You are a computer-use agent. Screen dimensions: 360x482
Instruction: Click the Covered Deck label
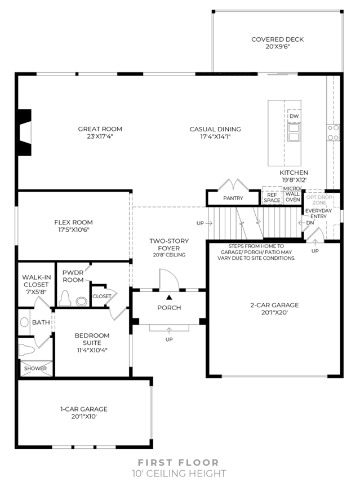[277, 39]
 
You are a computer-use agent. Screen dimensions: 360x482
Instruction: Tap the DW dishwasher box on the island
[294, 116]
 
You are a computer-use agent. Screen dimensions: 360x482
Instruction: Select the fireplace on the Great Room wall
[25, 132]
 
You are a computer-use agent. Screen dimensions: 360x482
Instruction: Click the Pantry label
[233, 198]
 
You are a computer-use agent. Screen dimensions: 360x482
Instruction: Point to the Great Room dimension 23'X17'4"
[100, 136]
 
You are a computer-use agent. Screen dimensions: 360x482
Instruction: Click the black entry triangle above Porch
[169, 297]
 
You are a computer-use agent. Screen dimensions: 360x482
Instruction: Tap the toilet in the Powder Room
[65, 298]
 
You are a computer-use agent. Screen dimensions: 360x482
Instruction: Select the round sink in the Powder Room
[81, 301]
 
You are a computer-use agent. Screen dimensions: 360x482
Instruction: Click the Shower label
[35, 368]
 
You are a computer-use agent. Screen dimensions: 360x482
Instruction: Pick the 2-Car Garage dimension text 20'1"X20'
[274, 313]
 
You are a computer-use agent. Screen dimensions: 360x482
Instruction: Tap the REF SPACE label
[272, 198]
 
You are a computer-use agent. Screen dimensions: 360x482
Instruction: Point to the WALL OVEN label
[292, 197]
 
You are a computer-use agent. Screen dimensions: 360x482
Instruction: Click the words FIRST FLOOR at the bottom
[178, 462]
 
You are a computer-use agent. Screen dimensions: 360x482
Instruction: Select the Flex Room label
[73, 222]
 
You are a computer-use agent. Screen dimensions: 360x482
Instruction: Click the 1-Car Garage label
[84, 409]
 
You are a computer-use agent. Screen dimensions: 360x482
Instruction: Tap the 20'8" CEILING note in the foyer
[169, 255]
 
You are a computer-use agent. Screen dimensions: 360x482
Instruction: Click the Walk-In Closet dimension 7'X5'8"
[36, 292]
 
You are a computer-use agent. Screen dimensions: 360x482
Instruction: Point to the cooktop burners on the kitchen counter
[334, 132]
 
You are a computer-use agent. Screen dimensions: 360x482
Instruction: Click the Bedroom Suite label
[92, 339]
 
